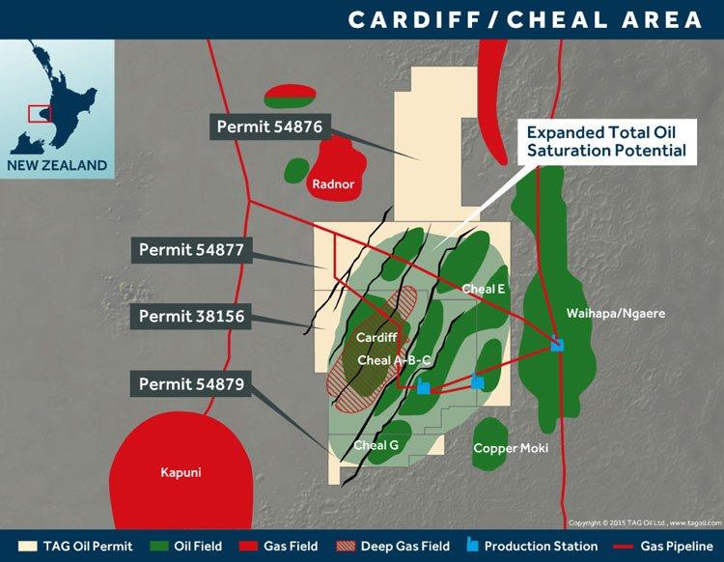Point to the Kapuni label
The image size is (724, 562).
point(176,472)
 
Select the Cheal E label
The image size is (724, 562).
point(483,288)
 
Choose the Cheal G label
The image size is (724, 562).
point(376,445)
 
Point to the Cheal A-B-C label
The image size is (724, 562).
point(394,360)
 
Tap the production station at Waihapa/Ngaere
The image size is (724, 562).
point(557,343)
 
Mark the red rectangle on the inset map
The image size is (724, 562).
point(39,113)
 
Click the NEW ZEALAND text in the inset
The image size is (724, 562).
point(57,165)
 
